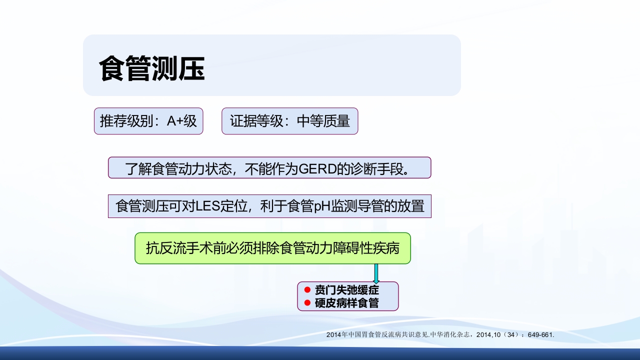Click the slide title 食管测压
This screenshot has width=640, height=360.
[x=152, y=68]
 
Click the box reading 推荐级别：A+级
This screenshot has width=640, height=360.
[x=148, y=121]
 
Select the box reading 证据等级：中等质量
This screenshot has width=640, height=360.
[x=290, y=121]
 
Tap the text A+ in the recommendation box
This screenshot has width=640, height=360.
[x=175, y=121]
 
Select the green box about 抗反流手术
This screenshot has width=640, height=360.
[x=272, y=248]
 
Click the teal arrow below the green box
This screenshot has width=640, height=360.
[x=376, y=273]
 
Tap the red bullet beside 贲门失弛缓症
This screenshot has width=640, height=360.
[x=307, y=290]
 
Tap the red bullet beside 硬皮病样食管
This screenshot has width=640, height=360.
[x=307, y=302]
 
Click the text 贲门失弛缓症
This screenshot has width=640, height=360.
[x=347, y=290]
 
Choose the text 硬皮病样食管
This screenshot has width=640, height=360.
[x=347, y=303]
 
